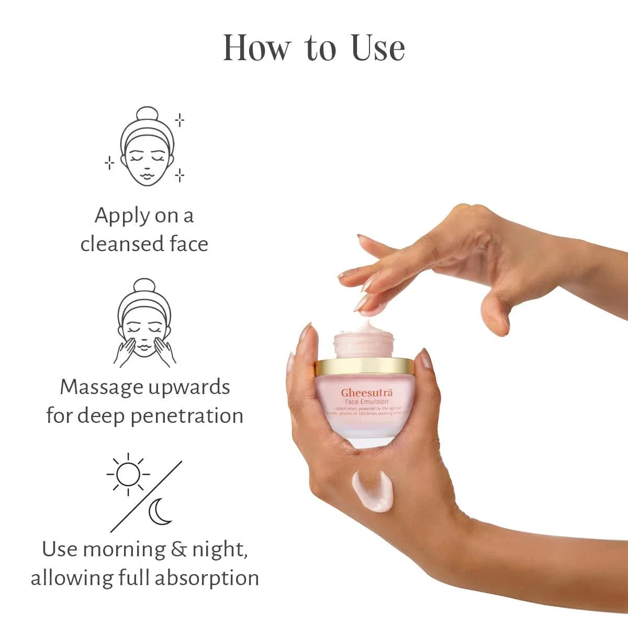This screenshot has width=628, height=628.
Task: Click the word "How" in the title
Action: pos(256,48)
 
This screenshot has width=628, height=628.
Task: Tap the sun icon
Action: pos(128,475)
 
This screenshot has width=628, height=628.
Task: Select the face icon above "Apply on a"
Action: pos(147,148)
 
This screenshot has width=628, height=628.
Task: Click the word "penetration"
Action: pos(186,416)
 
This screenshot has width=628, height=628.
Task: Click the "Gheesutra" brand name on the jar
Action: pos(367,393)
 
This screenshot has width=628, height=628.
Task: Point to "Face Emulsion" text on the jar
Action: pos(366,402)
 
